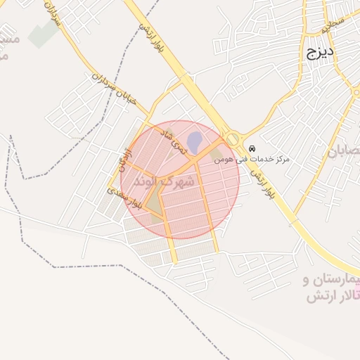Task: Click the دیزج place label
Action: pyautogui.click(x=320, y=52)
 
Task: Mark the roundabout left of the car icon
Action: pyautogui.click(x=232, y=139)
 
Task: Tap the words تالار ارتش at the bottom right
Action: pyautogui.click(x=333, y=296)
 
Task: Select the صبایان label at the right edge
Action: pyautogui.click(x=345, y=150)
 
